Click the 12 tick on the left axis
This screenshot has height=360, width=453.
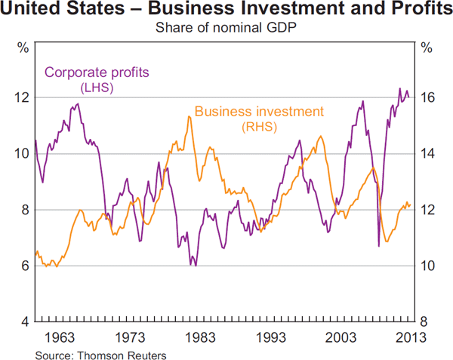coord(20,97)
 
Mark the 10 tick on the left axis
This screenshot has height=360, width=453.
coord(20,153)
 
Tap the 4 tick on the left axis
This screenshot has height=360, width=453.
coord(24,322)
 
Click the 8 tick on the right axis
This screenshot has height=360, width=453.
coord(426,322)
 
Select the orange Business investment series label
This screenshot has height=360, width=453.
coord(259,112)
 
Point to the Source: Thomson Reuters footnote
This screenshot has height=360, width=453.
coord(100,352)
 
